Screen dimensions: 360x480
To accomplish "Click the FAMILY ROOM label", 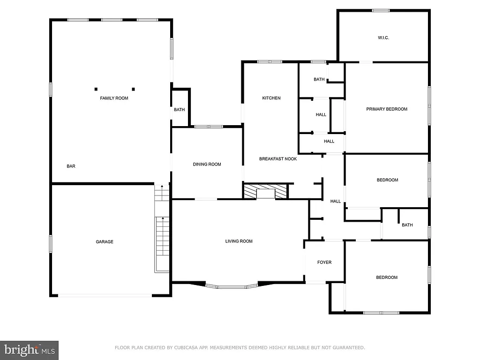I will point(114,98).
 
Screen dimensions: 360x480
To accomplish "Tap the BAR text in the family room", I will point(71,166).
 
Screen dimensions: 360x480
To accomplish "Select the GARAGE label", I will point(105,242).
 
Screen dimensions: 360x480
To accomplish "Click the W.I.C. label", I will point(383,38).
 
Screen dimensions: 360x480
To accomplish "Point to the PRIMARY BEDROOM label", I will point(387,109).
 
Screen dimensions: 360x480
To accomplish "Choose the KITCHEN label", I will point(271,98).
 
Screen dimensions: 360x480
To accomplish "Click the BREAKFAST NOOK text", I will point(278,159).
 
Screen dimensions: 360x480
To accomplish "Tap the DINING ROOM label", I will point(207,164).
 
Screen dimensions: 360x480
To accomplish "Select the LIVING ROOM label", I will point(239,241).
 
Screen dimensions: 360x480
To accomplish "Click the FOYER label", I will point(324,262).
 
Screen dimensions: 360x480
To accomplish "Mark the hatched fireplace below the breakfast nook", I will point(265,191).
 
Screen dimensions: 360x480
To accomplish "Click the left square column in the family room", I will point(96,89).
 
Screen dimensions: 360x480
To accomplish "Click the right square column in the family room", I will point(133,89).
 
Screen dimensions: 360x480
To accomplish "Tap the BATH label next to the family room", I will point(180,110).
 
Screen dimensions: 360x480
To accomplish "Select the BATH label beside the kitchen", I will point(319,79).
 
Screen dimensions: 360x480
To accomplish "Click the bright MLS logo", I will point(30,350).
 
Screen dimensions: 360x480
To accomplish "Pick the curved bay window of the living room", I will point(232,286).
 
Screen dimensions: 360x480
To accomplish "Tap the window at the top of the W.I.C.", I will point(381,10).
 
